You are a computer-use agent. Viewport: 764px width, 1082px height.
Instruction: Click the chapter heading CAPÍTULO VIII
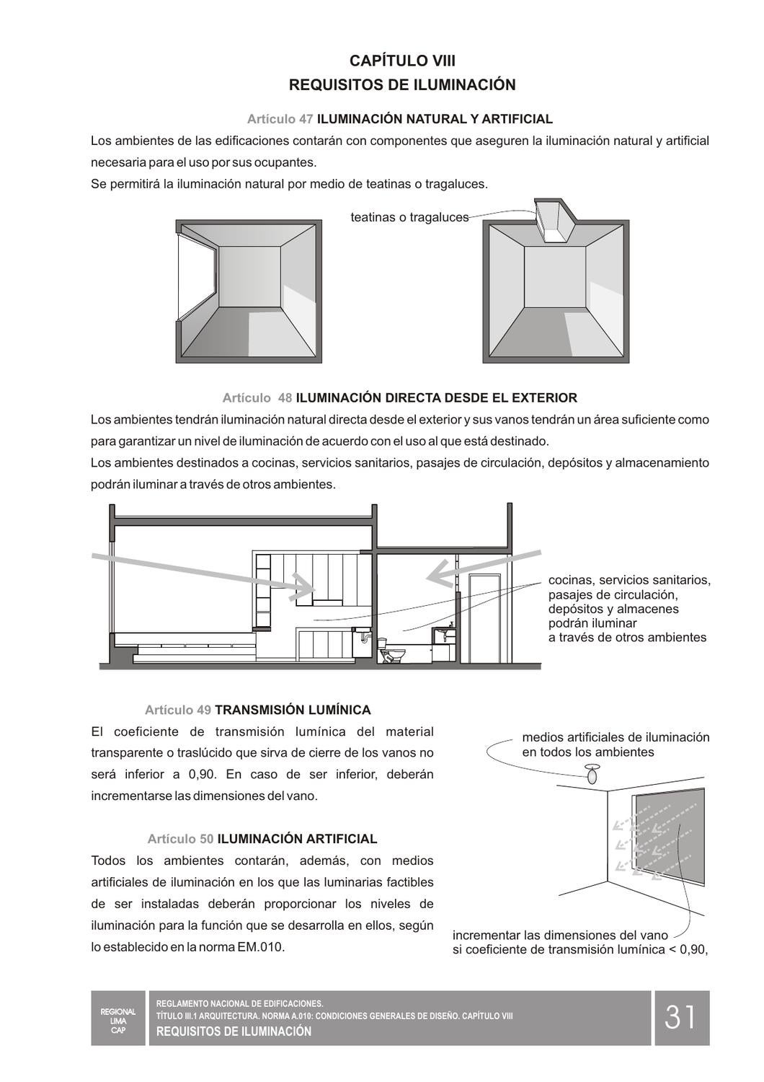coord(402,61)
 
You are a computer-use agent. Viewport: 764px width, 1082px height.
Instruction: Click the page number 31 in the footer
coord(681,1017)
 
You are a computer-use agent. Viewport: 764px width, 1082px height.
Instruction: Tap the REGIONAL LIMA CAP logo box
coord(118,1017)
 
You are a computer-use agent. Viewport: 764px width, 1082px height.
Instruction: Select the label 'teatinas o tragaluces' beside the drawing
coord(409,217)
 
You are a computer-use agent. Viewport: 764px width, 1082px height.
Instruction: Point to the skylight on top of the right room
coord(554,221)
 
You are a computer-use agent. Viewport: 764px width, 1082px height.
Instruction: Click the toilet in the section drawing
coord(391,653)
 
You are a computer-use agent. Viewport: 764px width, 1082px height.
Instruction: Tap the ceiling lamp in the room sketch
coord(592,775)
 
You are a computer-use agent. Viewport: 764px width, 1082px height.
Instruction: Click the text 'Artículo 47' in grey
coord(280,119)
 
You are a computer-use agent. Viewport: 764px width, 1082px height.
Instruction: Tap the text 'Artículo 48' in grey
coord(257,397)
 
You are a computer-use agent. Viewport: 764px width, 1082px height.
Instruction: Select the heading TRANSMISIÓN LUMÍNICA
coord(293,710)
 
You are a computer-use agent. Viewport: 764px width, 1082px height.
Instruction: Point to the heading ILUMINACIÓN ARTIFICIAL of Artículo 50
coord(297,839)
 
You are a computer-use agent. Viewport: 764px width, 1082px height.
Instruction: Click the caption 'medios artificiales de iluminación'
coord(616,737)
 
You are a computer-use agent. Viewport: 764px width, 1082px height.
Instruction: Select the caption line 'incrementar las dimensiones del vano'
coord(560,935)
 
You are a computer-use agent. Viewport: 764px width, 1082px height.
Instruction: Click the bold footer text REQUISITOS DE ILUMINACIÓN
coord(234,1032)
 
